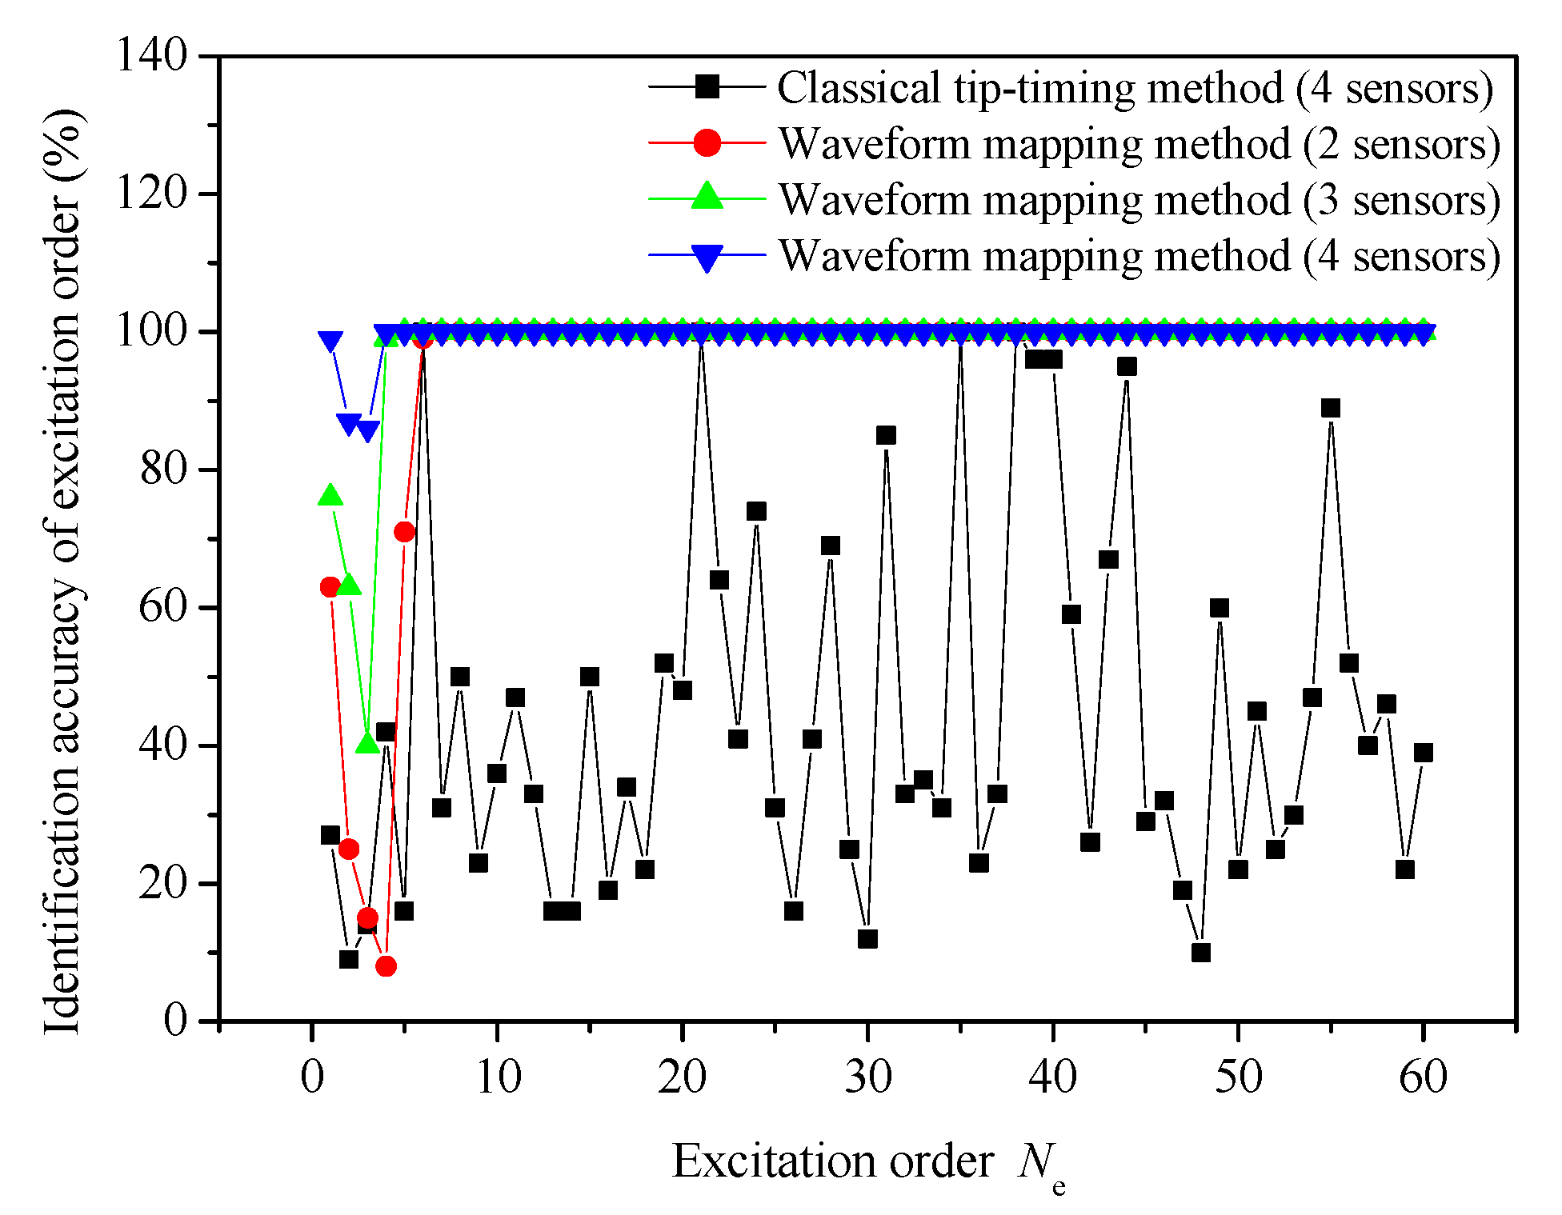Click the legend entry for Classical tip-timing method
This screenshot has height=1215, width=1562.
click(1134, 87)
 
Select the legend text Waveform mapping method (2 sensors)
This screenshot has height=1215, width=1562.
click(1139, 144)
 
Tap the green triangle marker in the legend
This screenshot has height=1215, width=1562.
click(707, 197)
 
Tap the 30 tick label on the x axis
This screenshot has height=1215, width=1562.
click(867, 1077)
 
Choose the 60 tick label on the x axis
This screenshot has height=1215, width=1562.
click(1423, 1077)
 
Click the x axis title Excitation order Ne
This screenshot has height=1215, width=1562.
click(868, 1164)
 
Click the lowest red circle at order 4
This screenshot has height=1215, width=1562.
click(386, 966)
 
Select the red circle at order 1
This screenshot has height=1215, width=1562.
click(330, 587)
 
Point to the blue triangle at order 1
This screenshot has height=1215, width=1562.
click(330, 341)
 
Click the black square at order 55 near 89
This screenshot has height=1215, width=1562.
click(1330, 408)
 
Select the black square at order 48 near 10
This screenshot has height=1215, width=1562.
click(1200, 952)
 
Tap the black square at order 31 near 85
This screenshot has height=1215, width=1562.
click(886, 435)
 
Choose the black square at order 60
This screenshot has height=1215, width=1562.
click(1423, 753)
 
